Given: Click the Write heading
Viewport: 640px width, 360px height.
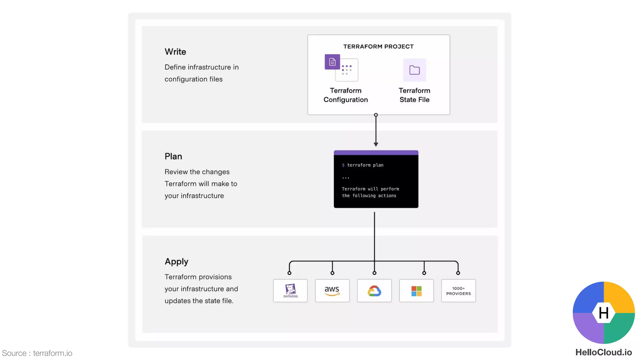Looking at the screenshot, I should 175,52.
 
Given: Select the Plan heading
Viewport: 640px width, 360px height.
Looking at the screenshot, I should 173,156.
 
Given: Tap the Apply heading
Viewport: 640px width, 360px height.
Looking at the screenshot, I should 176,262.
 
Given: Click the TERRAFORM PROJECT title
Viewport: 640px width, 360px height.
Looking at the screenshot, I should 378,47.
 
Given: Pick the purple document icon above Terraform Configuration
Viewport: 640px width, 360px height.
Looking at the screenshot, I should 332,62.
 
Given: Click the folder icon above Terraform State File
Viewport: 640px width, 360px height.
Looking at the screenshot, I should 414,70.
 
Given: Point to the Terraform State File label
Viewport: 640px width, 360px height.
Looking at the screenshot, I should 414,95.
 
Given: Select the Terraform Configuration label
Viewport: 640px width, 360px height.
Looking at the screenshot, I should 346,95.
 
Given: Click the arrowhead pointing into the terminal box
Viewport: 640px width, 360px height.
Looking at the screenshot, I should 376,144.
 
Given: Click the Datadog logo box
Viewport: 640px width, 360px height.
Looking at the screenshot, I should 290,291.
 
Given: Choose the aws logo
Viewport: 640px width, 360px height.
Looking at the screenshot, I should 332,291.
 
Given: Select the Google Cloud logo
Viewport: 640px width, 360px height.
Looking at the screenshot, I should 374,291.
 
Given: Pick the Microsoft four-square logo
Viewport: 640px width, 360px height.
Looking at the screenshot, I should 416,291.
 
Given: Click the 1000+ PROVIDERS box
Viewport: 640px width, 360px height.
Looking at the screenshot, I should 458,291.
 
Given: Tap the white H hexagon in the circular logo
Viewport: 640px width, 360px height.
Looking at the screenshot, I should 603,312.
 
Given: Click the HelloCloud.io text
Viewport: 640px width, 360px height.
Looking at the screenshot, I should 603,352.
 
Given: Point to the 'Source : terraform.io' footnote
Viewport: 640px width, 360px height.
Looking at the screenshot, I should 37,353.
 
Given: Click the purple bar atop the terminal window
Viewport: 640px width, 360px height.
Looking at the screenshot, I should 376,153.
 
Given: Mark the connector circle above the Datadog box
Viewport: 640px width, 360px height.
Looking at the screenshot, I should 289,273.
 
